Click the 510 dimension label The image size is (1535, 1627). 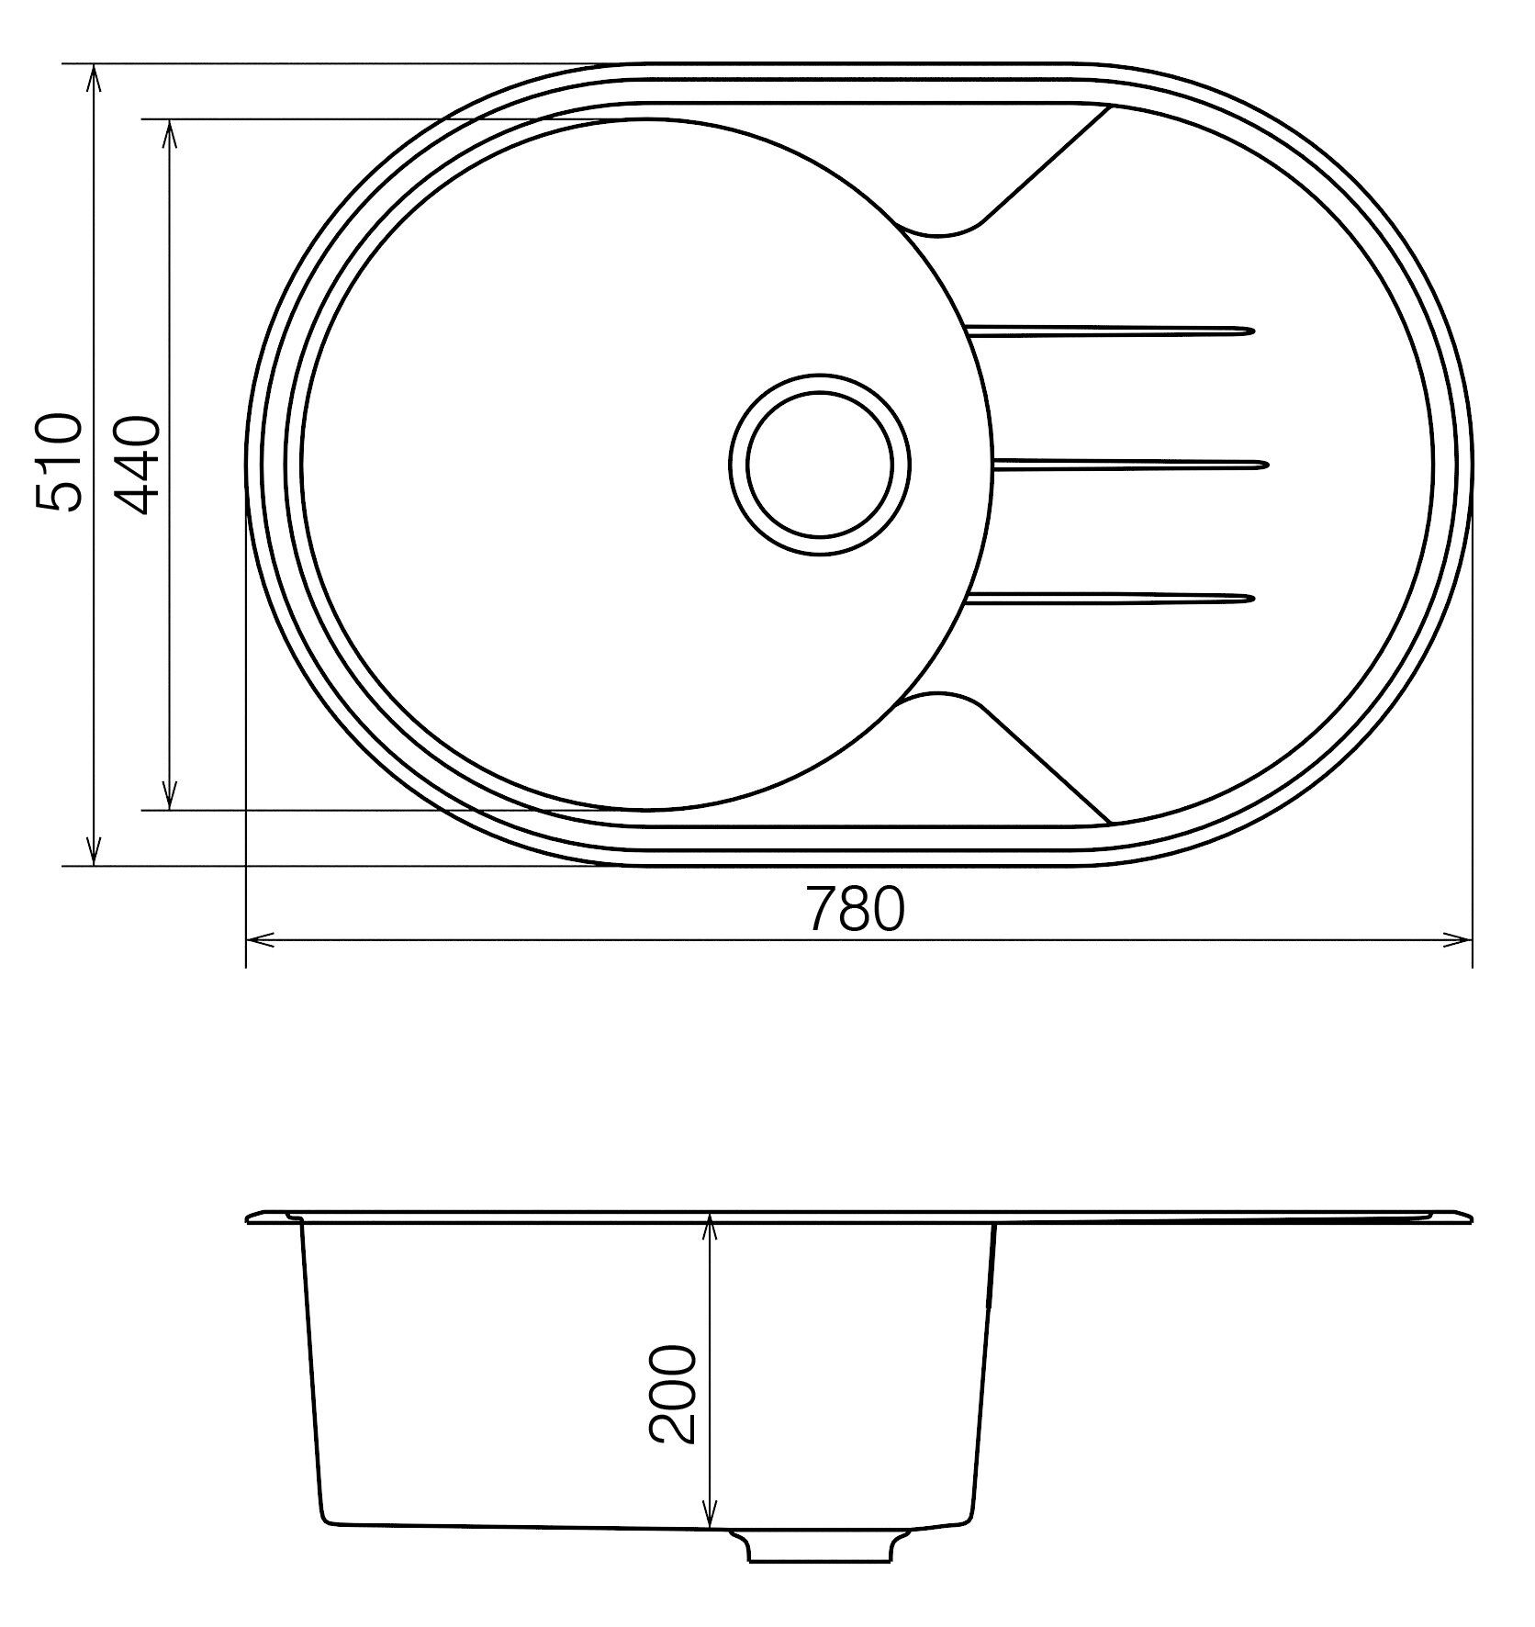pos(59,462)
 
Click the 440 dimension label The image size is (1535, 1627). pos(138,465)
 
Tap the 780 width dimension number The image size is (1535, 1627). pos(856,908)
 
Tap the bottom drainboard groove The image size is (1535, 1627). pos(1109,600)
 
